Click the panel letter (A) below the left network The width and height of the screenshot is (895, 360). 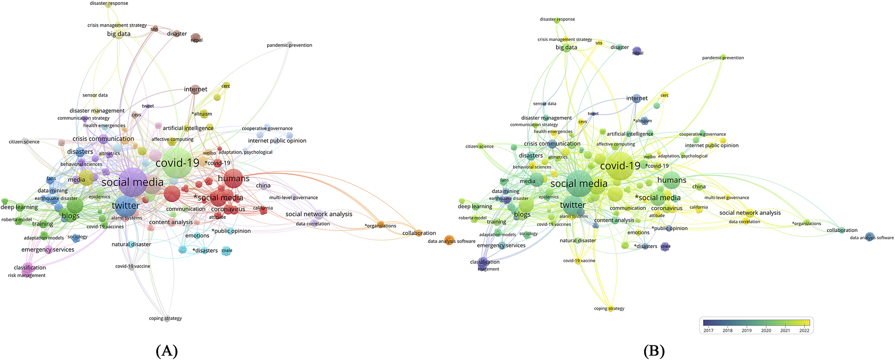pyautogui.click(x=166, y=351)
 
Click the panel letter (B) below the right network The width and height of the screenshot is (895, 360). pyautogui.click(x=654, y=351)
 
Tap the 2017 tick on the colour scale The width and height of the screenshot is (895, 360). pyautogui.click(x=708, y=330)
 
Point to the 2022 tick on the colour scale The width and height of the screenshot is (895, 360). pyautogui.click(x=804, y=330)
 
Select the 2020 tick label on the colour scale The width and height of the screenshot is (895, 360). pyautogui.click(x=766, y=330)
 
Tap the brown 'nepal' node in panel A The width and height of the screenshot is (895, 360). pyautogui.click(x=196, y=37)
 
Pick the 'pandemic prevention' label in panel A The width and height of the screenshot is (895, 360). pyautogui.click(x=289, y=45)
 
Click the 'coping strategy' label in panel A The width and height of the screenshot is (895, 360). pyautogui.click(x=165, y=318)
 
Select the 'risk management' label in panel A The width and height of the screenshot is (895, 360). pyautogui.click(x=27, y=276)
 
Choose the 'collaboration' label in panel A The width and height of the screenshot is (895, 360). pyautogui.click(x=419, y=233)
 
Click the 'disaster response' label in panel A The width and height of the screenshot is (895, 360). pyautogui.click(x=109, y=3)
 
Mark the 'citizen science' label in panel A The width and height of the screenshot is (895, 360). pyautogui.click(x=24, y=142)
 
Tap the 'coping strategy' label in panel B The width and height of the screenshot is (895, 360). pyautogui.click(x=609, y=308)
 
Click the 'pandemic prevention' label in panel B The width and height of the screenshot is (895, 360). pyautogui.click(x=723, y=58)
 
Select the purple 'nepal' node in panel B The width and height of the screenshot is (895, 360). pyautogui.click(x=637, y=51)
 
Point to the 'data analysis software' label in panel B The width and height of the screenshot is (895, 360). pyautogui.click(x=871, y=238)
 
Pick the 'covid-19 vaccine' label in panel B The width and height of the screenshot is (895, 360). pyautogui.click(x=579, y=261)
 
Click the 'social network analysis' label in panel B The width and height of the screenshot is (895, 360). pyautogui.click(x=750, y=213)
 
